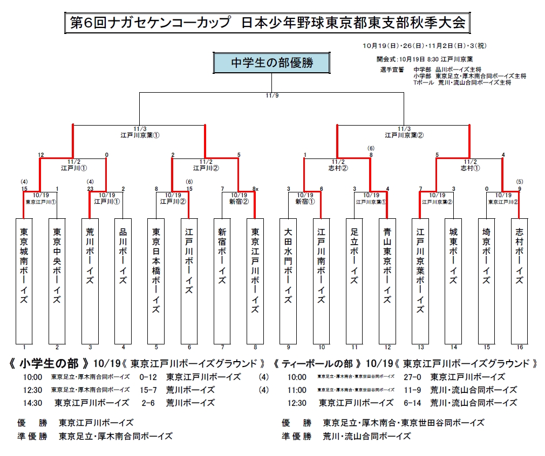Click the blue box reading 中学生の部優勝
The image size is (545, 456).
click(272, 63)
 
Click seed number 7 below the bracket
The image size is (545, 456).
click(222, 348)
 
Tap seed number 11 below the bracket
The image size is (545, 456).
click(354, 348)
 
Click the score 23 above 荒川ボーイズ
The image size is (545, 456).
click(90, 189)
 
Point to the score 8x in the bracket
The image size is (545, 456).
click(255, 189)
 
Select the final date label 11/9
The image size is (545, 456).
click(272, 95)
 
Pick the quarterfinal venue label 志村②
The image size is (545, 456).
click(338, 168)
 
